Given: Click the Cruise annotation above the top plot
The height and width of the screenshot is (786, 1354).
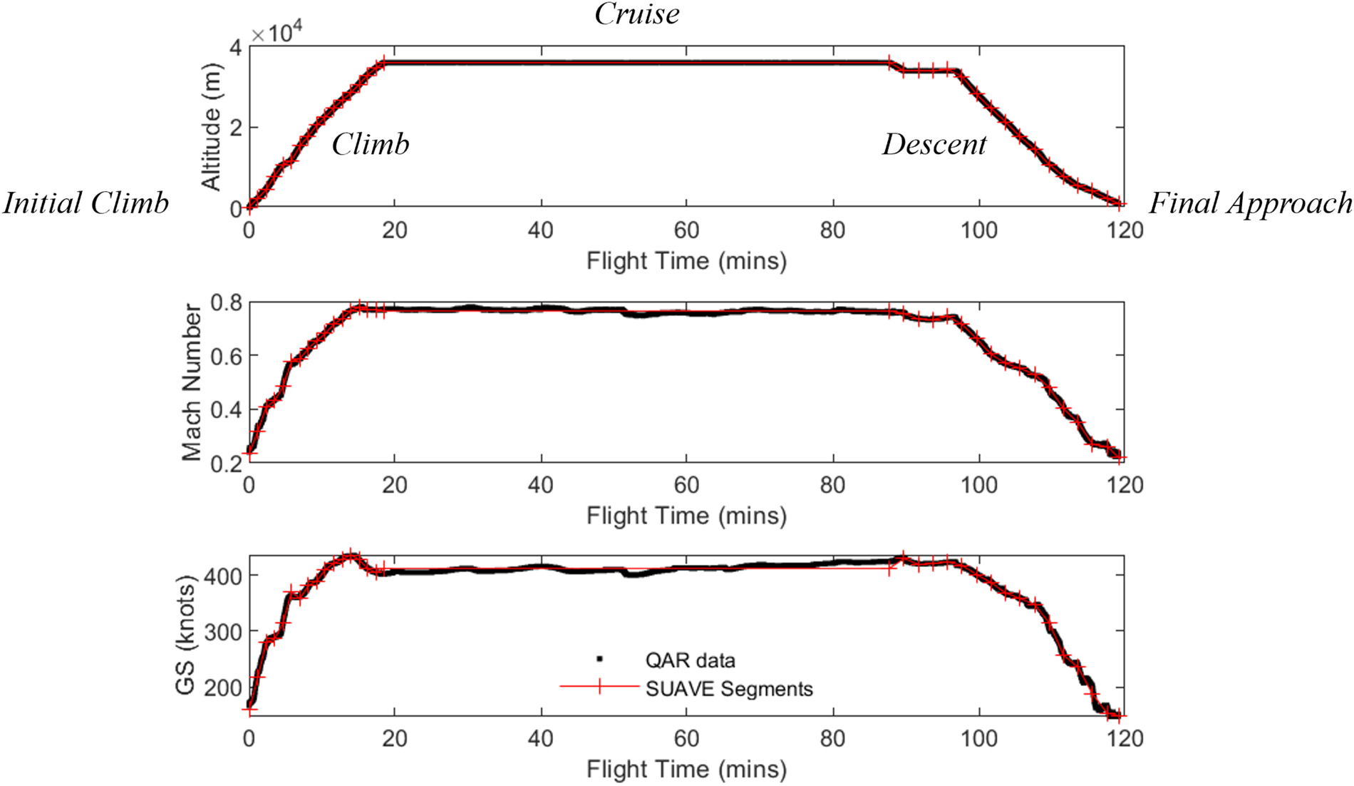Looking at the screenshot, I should (x=636, y=14).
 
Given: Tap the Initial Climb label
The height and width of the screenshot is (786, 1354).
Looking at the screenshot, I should (x=86, y=203).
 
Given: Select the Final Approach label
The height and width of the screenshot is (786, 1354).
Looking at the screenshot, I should (x=1251, y=203).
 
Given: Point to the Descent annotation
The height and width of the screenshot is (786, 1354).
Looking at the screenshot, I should (x=934, y=145).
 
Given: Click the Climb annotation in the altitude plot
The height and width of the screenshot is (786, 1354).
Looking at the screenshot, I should (x=371, y=145).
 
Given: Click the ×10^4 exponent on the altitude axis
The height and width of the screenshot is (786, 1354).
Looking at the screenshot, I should (x=277, y=33).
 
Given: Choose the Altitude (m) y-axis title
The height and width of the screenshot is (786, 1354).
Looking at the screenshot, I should (x=212, y=128).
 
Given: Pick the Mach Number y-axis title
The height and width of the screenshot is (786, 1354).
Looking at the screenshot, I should (x=191, y=382).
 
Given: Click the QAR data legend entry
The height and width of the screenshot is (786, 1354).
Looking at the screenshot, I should (x=689, y=660).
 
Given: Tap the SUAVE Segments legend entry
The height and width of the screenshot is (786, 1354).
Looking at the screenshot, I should (x=728, y=689).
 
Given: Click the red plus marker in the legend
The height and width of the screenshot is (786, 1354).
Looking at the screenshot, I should (x=599, y=687).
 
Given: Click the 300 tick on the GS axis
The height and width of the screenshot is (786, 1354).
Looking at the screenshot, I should (x=222, y=631).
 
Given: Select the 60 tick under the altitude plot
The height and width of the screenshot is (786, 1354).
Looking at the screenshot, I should (x=686, y=230).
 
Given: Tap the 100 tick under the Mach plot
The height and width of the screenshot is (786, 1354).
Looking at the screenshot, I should (x=978, y=486).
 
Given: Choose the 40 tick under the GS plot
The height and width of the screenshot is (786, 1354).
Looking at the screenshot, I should (x=540, y=738).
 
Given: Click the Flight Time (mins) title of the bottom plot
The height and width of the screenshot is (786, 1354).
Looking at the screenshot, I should (x=686, y=770).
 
